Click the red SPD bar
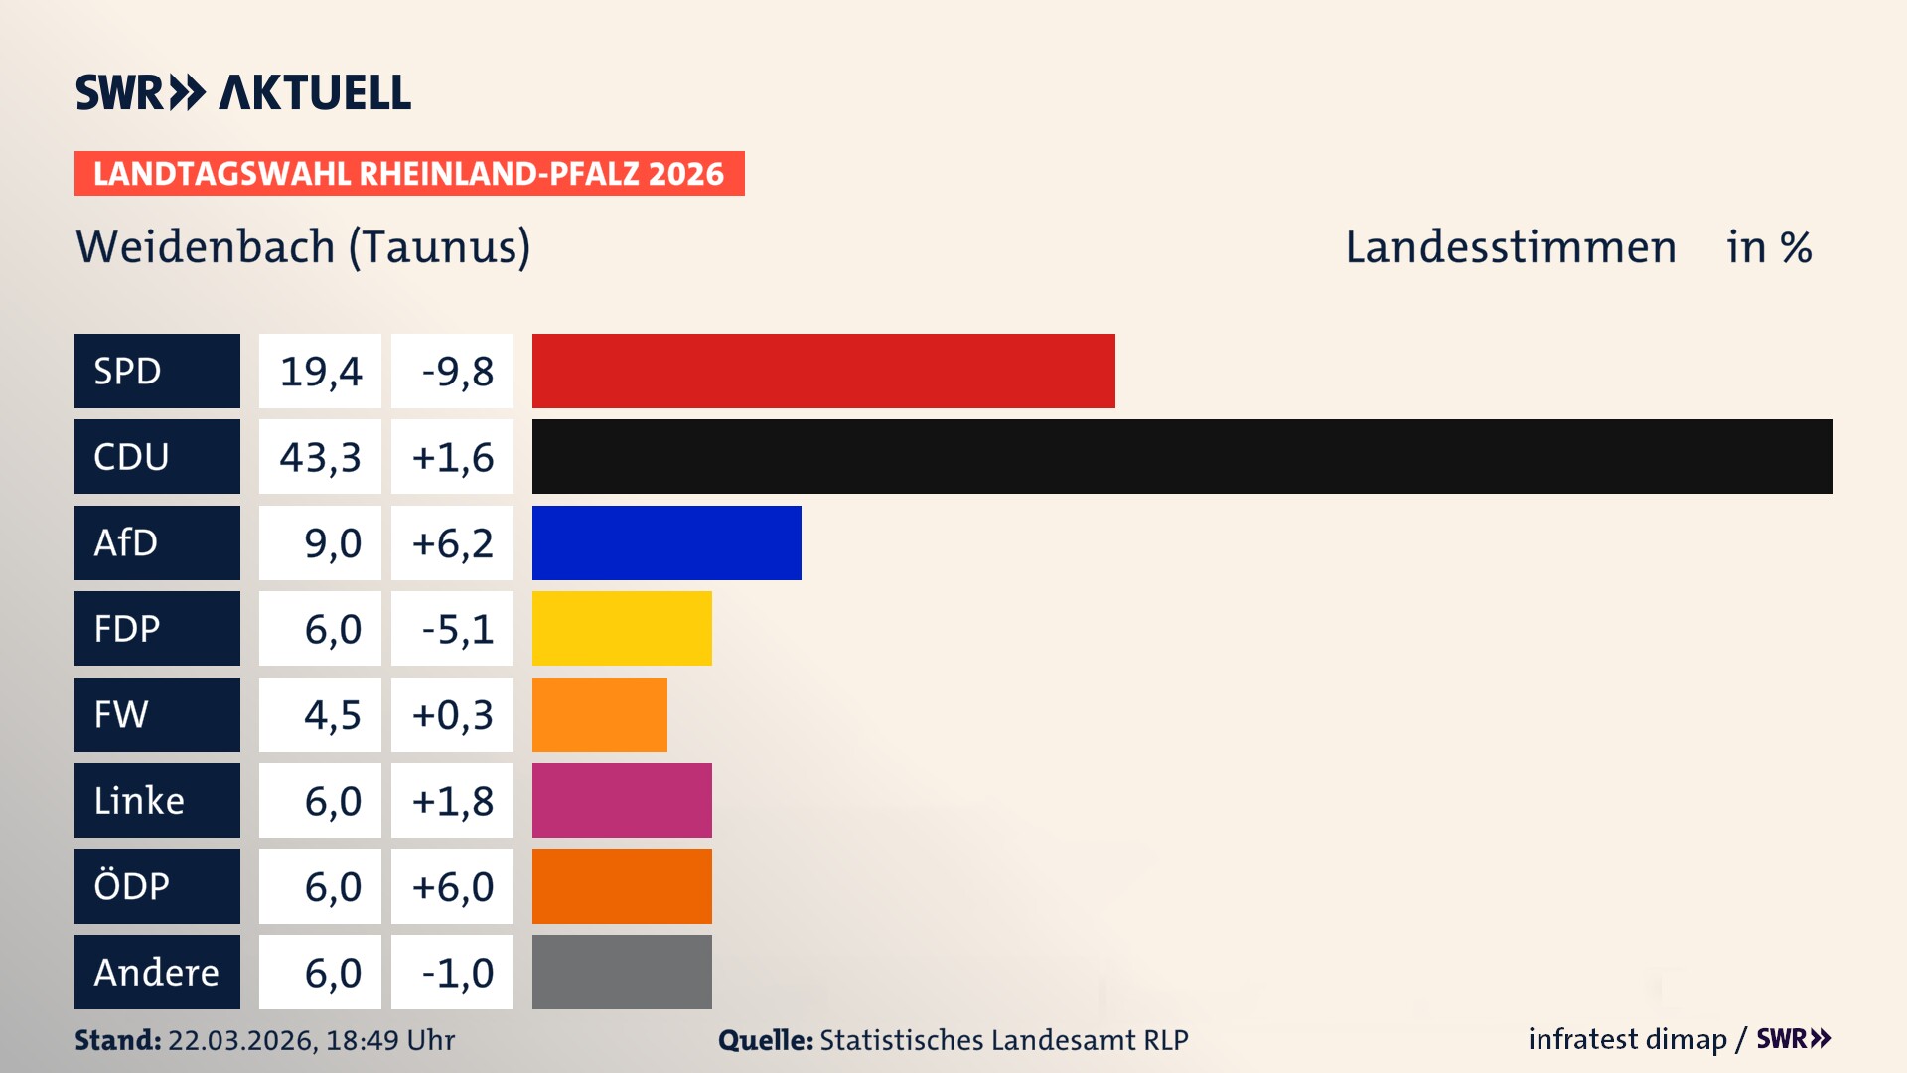click(x=823, y=371)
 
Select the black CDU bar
click(x=1182, y=456)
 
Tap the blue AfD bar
click(x=666, y=542)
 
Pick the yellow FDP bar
click(x=622, y=628)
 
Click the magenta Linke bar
click(x=622, y=800)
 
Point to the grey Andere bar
click(x=622, y=972)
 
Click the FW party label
click(x=157, y=714)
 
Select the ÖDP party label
click(x=157, y=886)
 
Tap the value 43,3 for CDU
click(x=320, y=457)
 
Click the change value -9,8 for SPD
click(x=453, y=372)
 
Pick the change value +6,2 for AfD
click(x=453, y=543)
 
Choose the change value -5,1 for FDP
click(x=453, y=629)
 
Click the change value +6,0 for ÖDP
click(x=453, y=886)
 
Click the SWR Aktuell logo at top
click(x=242, y=92)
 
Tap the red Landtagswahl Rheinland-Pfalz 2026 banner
click(x=408, y=173)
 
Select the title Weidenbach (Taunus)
click(x=303, y=246)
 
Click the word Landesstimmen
click(x=1510, y=246)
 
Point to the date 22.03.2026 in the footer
click(x=241, y=1040)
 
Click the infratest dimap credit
click(x=1627, y=1039)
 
